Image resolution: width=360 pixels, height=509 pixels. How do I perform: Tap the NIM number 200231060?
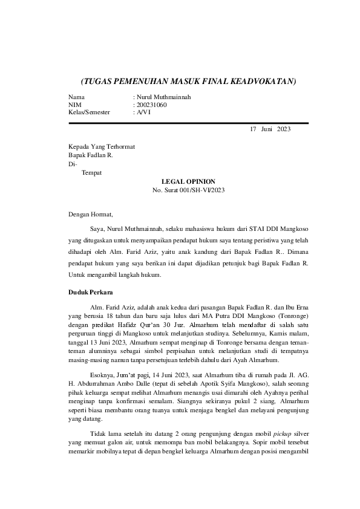[x=152, y=105]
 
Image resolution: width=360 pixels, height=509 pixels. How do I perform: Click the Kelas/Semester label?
[x=89, y=112]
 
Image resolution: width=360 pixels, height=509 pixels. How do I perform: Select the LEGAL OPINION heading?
[x=189, y=181]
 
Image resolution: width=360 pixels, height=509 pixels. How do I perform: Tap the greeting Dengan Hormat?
[x=91, y=213]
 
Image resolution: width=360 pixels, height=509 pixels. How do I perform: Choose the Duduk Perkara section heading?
[x=91, y=293]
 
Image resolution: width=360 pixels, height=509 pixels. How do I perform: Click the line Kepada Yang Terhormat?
[x=102, y=147]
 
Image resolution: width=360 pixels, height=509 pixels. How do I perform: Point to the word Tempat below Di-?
[x=92, y=173]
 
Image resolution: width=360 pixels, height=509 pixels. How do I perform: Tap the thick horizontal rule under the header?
[x=189, y=123]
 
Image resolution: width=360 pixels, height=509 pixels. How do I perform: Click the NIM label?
[x=75, y=105]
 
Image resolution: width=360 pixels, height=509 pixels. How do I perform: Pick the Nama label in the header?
[x=77, y=97]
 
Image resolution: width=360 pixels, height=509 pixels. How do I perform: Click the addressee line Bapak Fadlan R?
[x=91, y=155]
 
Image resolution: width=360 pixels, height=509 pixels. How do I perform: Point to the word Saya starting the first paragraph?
[x=97, y=230]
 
